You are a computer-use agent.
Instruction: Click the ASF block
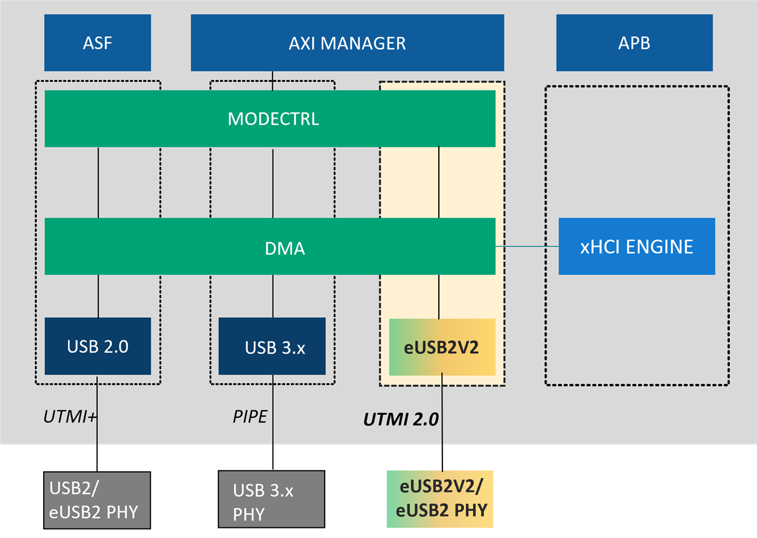98,43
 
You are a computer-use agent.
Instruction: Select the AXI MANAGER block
347,43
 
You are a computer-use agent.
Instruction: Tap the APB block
634,43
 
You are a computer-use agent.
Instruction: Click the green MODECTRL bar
270,118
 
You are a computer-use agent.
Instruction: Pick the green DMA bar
270,247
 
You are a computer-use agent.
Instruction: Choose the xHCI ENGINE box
636,246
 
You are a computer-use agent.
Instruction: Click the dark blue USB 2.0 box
98,346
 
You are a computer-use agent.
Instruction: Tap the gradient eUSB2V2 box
442,347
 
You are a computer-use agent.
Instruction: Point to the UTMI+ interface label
70,417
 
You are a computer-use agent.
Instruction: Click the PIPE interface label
250,417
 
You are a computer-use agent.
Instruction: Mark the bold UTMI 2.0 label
400,420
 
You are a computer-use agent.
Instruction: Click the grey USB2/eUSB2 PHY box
98,500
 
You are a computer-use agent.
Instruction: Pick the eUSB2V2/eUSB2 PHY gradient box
440,499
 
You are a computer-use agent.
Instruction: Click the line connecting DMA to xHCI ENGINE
526,246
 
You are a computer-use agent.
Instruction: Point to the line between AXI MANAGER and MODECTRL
273,80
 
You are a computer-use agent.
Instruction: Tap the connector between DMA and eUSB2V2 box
438,297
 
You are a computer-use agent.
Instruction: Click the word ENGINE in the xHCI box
661,246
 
